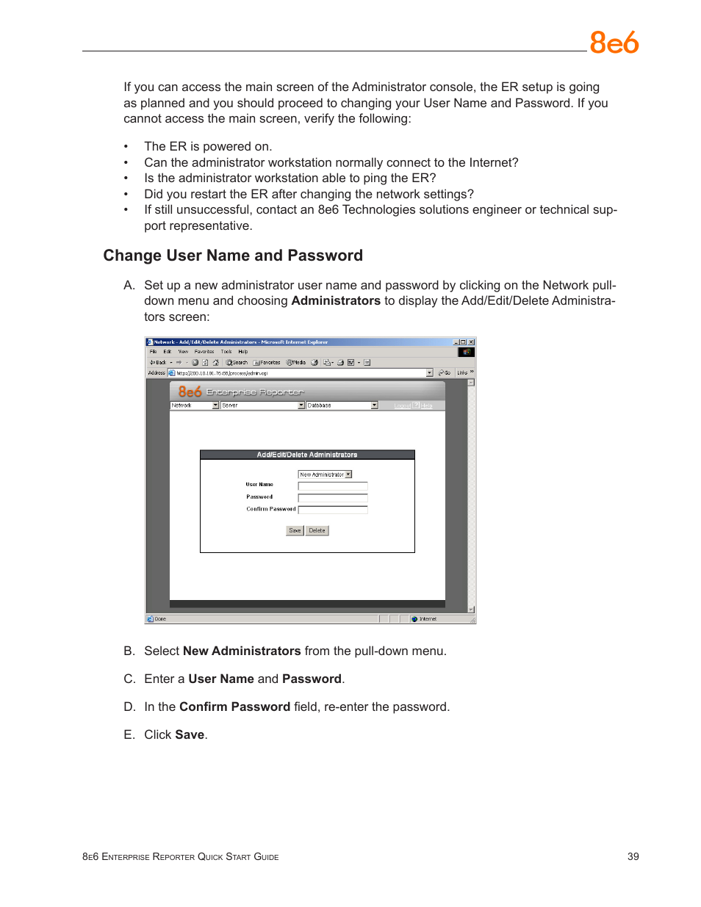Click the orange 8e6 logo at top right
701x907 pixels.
click(x=614, y=43)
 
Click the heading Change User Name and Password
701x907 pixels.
click(x=233, y=256)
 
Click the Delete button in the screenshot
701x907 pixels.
click(x=317, y=530)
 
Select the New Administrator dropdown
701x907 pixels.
click(x=325, y=474)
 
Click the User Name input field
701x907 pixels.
click(x=332, y=485)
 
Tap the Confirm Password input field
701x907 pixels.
click(x=332, y=509)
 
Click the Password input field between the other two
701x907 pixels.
click(x=332, y=497)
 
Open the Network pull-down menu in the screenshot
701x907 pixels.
click(x=195, y=405)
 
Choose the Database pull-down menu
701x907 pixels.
click(x=342, y=405)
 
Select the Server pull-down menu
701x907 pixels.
click(x=262, y=405)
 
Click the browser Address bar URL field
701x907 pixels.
click(x=298, y=373)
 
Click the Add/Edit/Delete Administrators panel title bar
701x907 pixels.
click(x=307, y=455)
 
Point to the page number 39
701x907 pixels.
click(x=633, y=856)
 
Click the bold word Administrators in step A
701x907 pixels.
click(x=336, y=301)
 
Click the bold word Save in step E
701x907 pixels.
click(x=190, y=734)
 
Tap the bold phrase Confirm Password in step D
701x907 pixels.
click(x=234, y=707)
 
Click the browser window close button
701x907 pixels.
click(x=471, y=342)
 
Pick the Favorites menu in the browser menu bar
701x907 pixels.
click(x=204, y=352)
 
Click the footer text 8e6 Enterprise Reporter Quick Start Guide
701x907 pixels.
click(x=181, y=857)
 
